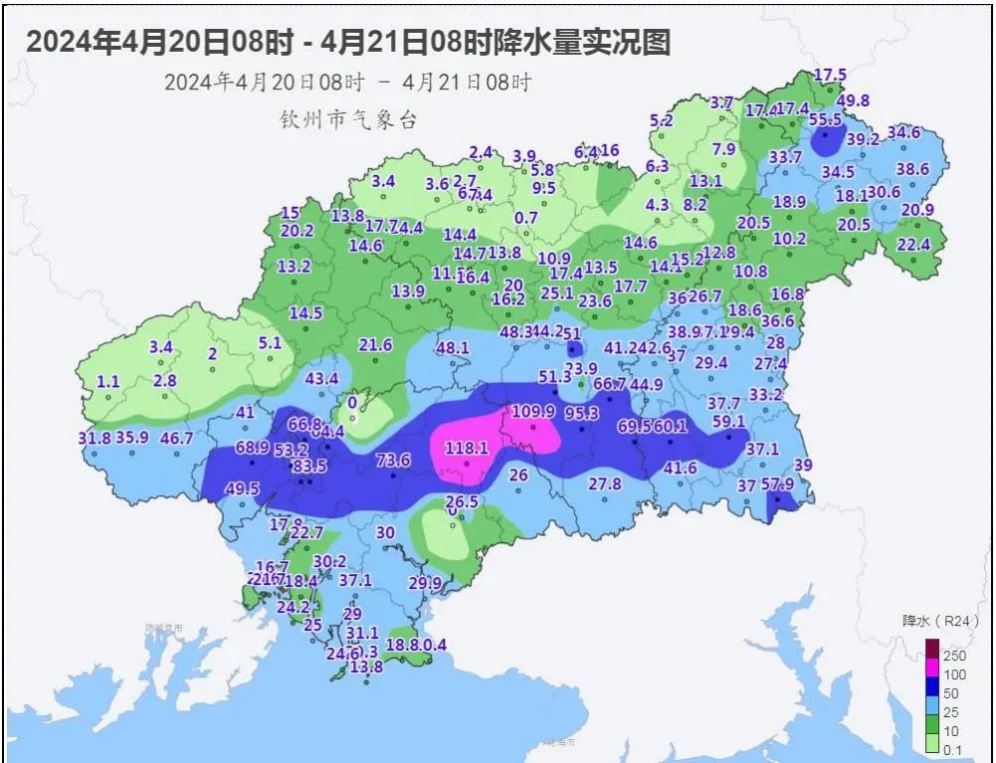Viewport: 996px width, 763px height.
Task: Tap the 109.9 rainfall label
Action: click(533, 412)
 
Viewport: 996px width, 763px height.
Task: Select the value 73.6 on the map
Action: click(393, 460)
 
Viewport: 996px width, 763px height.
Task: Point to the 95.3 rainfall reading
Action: click(581, 414)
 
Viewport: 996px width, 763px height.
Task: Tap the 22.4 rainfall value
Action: click(912, 245)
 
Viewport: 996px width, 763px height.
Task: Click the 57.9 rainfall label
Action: click(777, 484)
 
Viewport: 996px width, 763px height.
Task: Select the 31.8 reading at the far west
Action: click(94, 437)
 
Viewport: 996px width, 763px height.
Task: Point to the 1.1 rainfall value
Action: click(108, 381)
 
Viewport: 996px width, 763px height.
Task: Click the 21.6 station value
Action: click(375, 345)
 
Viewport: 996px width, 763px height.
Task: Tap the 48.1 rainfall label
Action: click(452, 348)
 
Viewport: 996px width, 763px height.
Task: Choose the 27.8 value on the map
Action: click(604, 484)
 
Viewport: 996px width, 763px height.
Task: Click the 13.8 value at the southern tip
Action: click(366, 667)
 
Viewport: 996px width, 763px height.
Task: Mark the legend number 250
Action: click(954, 656)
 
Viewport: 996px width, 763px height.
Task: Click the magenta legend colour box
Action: click(932, 674)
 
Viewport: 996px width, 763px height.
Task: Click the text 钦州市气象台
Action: click(347, 119)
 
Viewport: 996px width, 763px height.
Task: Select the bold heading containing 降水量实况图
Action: click(347, 42)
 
